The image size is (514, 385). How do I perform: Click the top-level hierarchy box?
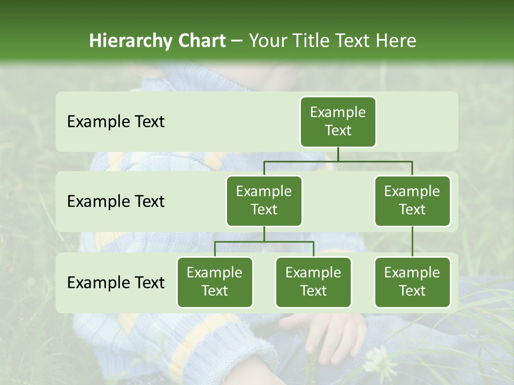click(x=338, y=121)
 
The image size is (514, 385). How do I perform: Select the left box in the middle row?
click(x=264, y=201)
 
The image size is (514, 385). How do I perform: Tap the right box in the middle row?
click(x=412, y=201)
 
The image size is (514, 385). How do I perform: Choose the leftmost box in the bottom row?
click(x=215, y=282)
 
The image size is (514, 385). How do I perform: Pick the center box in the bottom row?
click(x=313, y=282)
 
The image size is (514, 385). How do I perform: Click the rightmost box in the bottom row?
click(x=412, y=282)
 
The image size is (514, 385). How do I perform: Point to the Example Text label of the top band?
click(x=116, y=122)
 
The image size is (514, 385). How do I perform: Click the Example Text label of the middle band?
click(x=116, y=202)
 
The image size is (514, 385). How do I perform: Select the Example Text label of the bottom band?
click(x=116, y=283)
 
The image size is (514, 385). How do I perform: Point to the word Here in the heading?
click(x=396, y=41)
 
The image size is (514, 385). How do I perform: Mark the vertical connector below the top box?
click(x=338, y=154)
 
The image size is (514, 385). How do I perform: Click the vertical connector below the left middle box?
click(x=264, y=234)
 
